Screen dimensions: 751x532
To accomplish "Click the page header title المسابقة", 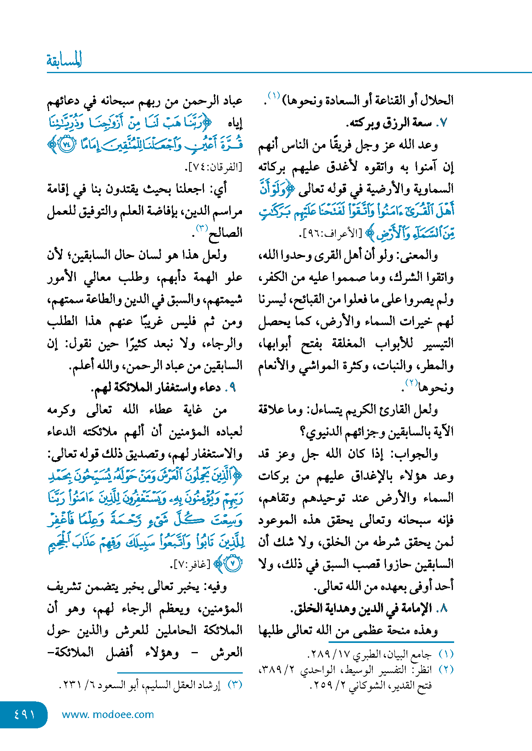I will [x=64, y=60].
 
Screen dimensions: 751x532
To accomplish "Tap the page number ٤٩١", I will [x=24, y=714].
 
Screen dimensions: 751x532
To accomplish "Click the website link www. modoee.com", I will [x=108, y=714].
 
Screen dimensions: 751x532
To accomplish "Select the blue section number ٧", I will [x=444, y=123].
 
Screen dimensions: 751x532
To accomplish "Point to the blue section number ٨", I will [x=444, y=608].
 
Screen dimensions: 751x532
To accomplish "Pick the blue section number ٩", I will [x=232, y=387].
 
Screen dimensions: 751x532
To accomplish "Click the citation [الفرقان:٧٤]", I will [x=213, y=167].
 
